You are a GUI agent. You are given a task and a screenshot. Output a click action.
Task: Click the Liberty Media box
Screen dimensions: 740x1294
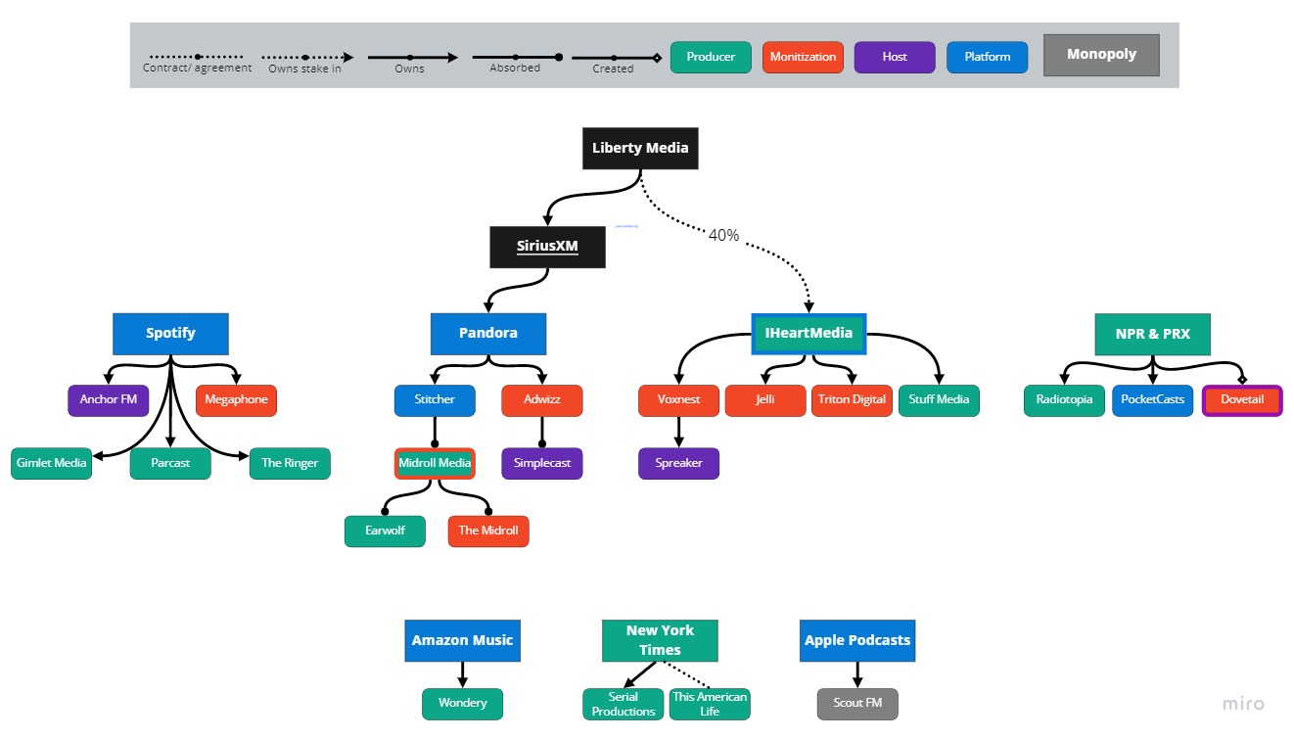640,149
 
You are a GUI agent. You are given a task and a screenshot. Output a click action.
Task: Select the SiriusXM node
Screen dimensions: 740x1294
547,247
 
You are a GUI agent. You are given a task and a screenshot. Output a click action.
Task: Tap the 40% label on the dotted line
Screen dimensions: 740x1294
723,235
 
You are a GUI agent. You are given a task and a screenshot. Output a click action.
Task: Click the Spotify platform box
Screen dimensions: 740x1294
170,333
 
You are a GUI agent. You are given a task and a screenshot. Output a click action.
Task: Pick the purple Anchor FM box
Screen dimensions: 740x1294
109,399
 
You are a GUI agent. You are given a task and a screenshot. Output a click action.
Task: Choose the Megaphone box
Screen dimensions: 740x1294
236,399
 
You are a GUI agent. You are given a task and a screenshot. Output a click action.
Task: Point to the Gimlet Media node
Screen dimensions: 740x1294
52,463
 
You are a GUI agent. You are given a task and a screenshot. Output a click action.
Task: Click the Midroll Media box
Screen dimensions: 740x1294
435,463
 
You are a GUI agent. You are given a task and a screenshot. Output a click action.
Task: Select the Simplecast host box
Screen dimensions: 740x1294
541,463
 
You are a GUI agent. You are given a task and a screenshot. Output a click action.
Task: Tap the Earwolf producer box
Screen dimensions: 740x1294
385,531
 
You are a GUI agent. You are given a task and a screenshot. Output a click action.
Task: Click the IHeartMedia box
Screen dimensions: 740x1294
809,333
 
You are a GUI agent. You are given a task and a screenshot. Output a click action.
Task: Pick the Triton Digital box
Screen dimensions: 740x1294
852,399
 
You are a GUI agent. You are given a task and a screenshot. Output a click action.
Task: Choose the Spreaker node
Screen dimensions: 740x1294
678,463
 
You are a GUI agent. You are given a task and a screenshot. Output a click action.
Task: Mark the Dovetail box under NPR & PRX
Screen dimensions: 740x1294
1242,399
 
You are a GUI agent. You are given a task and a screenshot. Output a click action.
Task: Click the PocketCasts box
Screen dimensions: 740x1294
1152,399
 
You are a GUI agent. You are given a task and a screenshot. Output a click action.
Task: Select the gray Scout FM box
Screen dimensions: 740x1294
856,703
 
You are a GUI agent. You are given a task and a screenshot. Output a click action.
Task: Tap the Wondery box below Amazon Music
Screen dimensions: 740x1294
462,703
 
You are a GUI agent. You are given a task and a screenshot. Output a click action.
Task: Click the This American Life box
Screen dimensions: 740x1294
710,704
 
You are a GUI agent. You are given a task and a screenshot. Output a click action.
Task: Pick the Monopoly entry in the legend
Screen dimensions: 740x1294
1101,55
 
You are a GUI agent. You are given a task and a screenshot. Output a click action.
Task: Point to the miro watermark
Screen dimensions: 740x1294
1243,704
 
